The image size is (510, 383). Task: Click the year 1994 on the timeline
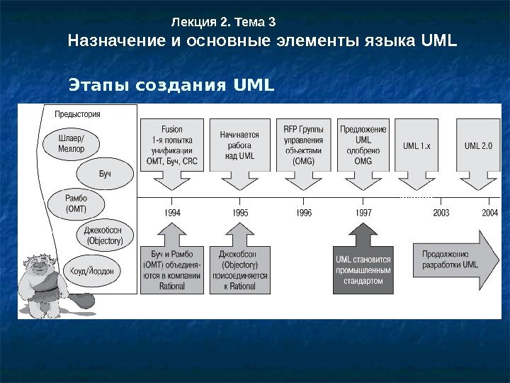(x=172, y=212)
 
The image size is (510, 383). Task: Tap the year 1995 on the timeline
(x=240, y=212)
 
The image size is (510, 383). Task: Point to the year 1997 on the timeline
(x=363, y=212)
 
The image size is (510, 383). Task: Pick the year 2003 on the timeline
(x=441, y=212)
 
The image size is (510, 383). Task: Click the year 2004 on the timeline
(x=489, y=212)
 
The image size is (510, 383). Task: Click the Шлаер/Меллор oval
(x=71, y=144)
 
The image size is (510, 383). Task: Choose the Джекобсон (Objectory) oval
(x=103, y=235)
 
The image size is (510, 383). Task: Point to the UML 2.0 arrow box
(x=478, y=146)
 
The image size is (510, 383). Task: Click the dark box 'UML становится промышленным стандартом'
(x=363, y=270)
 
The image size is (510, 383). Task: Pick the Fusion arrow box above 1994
(x=172, y=145)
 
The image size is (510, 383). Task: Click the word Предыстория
(x=77, y=113)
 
